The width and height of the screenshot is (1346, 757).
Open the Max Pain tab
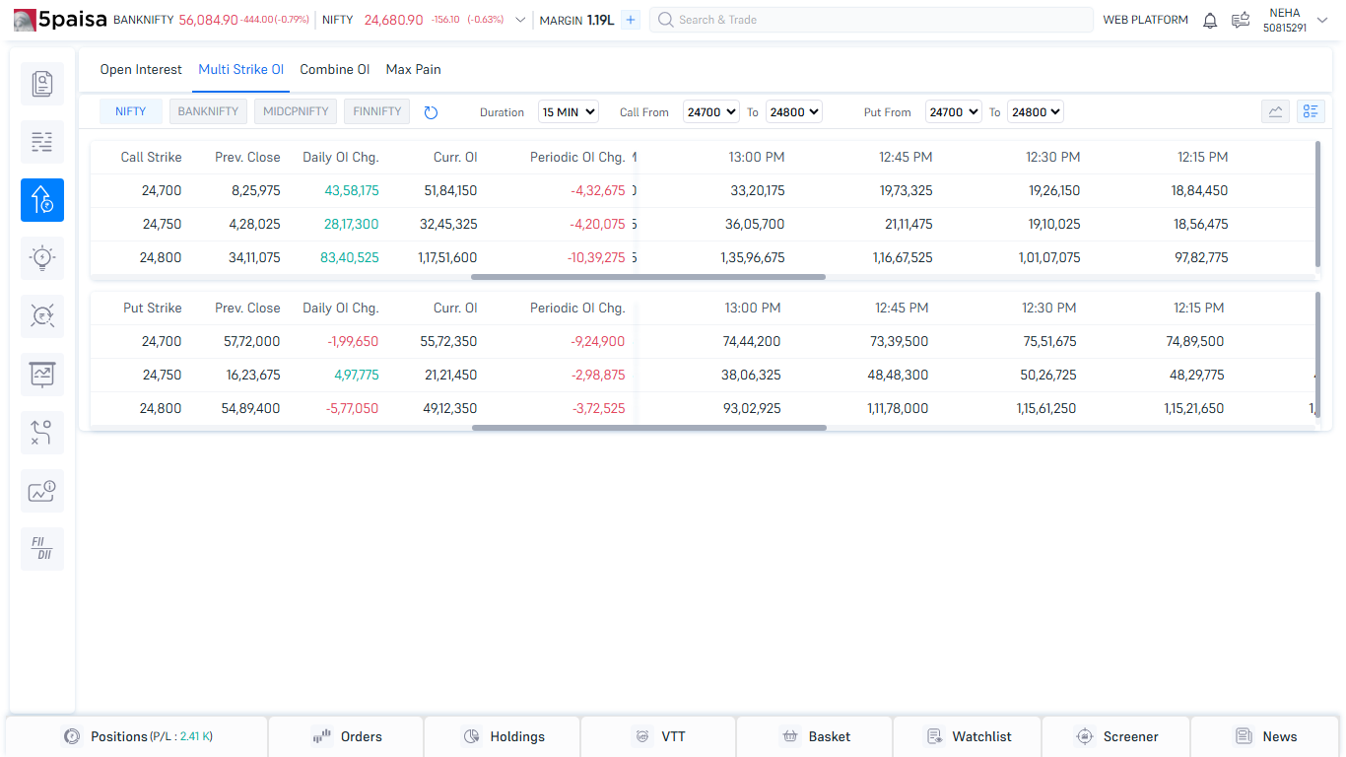(x=413, y=70)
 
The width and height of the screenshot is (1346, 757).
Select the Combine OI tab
(x=335, y=70)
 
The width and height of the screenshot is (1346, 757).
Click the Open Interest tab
(x=141, y=70)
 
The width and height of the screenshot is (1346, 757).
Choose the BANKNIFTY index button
(x=208, y=111)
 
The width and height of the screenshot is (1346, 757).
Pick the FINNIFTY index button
(x=376, y=111)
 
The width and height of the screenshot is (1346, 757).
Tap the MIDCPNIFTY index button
(x=296, y=111)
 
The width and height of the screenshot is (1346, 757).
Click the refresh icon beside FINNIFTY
(x=431, y=112)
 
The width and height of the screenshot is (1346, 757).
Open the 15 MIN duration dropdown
(x=569, y=112)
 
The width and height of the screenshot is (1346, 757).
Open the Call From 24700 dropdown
(x=710, y=112)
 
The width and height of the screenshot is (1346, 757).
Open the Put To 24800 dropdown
(x=1035, y=112)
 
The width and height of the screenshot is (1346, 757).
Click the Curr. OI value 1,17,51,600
(x=447, y=257)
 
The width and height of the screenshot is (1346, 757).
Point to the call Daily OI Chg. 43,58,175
(x=351, y=190)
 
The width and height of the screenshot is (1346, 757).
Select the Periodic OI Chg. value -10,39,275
(x=588, y=257)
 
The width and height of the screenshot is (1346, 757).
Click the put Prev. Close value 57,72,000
(x=251, y=341)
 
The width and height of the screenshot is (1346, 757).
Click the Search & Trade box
(x=871, y=20)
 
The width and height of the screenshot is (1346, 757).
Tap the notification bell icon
(x=1210, y=20)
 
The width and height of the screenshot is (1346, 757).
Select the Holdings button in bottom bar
(x=503, y=736)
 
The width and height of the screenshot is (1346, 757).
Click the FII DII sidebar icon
(x=42, y=549)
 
